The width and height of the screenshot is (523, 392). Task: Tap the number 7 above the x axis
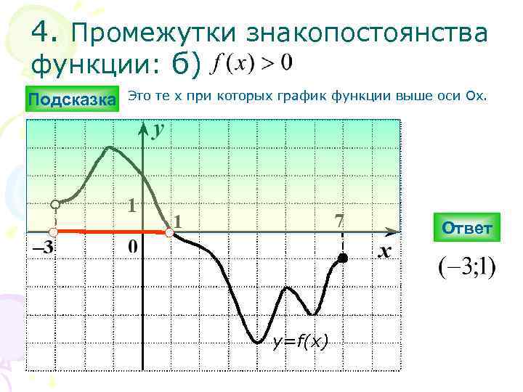pyautogui.click(x=338, y=220)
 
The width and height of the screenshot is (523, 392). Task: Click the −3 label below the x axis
pyautogui.click(x=43, y=248)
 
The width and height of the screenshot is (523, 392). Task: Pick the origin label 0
pyautogui.click(x=134, y=248)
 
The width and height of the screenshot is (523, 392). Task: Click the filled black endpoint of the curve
pyautogui.click(x=343, y=258)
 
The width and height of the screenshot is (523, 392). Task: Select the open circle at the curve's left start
pyautogui.click(x=54, y=205)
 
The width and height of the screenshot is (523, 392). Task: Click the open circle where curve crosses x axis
pyautogui.click(x=169, y=232)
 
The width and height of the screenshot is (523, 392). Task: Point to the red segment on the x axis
pyautogui.click(x=109, y=231)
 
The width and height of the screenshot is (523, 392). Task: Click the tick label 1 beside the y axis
pyautogui.click(x=131, y=205)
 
